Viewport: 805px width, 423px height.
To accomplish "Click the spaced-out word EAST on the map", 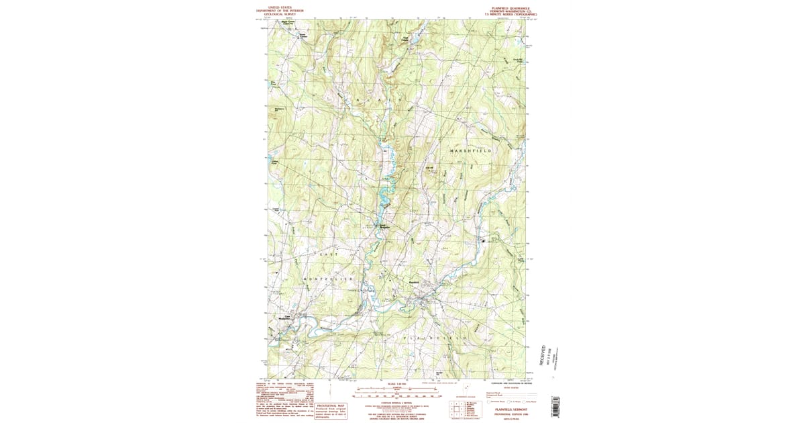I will point(328,255).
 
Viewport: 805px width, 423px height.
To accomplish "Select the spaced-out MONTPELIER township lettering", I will point(328,278).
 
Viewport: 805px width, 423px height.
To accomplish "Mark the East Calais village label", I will point(405,40).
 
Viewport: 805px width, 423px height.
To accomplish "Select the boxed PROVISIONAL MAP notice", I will point(331,410).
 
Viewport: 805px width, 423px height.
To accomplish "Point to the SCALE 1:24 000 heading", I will point(396,384).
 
